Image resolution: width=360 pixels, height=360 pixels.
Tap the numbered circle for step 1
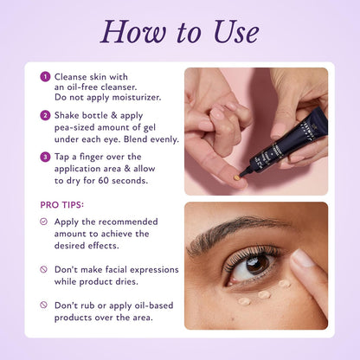44,77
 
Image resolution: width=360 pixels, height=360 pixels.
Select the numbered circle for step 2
44,115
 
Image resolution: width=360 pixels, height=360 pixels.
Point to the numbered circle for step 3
44,157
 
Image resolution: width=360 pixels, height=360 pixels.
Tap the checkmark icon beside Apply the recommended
44,222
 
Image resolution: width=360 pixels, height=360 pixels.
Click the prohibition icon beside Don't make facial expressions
44,270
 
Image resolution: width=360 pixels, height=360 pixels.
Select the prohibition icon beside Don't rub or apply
44,305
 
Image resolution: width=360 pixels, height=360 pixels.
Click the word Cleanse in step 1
74,76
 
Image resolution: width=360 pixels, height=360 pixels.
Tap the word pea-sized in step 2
79,127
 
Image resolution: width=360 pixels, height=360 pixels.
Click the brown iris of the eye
255,263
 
